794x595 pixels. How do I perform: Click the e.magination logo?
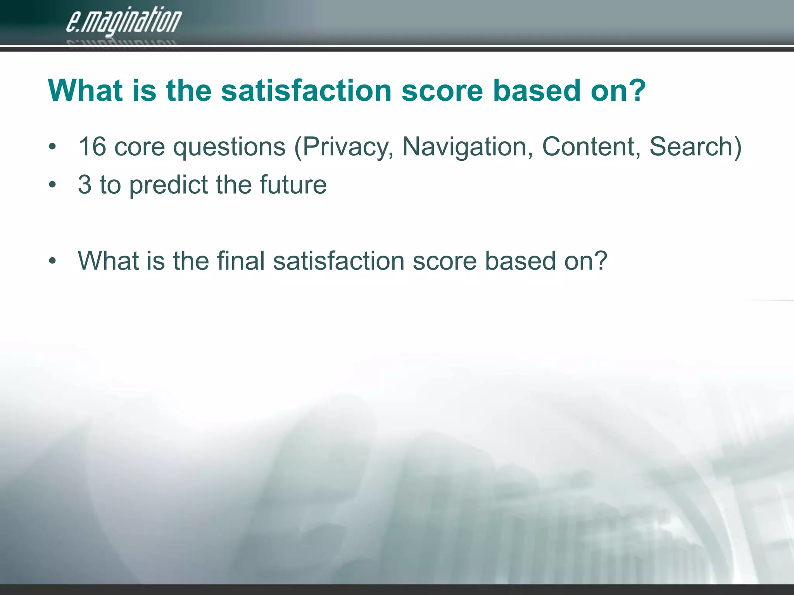(123, 22)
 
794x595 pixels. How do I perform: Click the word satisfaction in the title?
(306, 91)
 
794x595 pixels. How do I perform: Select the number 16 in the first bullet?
(92, 147)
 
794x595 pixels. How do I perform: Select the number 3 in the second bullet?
(85, 185)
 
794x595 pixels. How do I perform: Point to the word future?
(293, 185)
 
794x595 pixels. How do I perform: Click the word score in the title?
(442, 91)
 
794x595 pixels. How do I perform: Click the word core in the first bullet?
(140, 148)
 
